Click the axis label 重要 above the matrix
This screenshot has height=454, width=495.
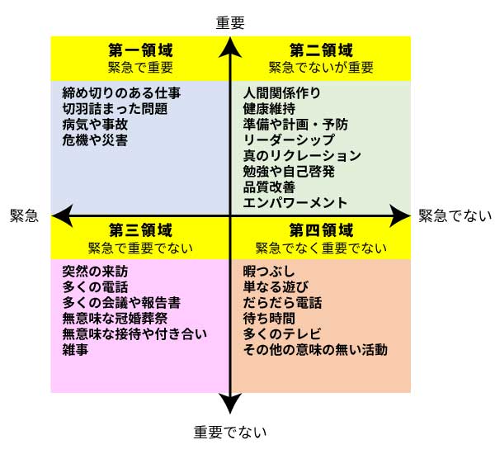point(230,23)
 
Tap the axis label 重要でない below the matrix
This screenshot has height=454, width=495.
point(230,432)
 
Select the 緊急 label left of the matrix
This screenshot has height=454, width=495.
point(24,215)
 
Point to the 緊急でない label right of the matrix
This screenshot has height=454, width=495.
point(455,215)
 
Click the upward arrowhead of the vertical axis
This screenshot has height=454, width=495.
point(230,47)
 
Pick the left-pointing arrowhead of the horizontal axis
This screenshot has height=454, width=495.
point(62,215)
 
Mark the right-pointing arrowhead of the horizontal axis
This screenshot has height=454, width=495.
point(399,215)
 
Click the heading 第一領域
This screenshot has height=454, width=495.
point(141,50)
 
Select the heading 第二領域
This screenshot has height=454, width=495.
point(321,50)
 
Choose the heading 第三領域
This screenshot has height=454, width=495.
point(141,230)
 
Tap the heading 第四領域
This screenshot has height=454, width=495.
point(321,230)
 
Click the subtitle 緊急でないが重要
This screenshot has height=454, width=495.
point(321,68)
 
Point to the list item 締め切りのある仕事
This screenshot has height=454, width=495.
point(121,93)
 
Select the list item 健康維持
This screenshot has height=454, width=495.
point(269,109)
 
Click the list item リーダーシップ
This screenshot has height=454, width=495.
point(289,140)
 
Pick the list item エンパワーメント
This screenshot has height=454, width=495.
point(295,202)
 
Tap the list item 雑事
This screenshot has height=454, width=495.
point(75,349)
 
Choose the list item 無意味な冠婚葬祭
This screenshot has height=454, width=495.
point(115,318)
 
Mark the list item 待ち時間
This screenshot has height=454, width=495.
point(269,318)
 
